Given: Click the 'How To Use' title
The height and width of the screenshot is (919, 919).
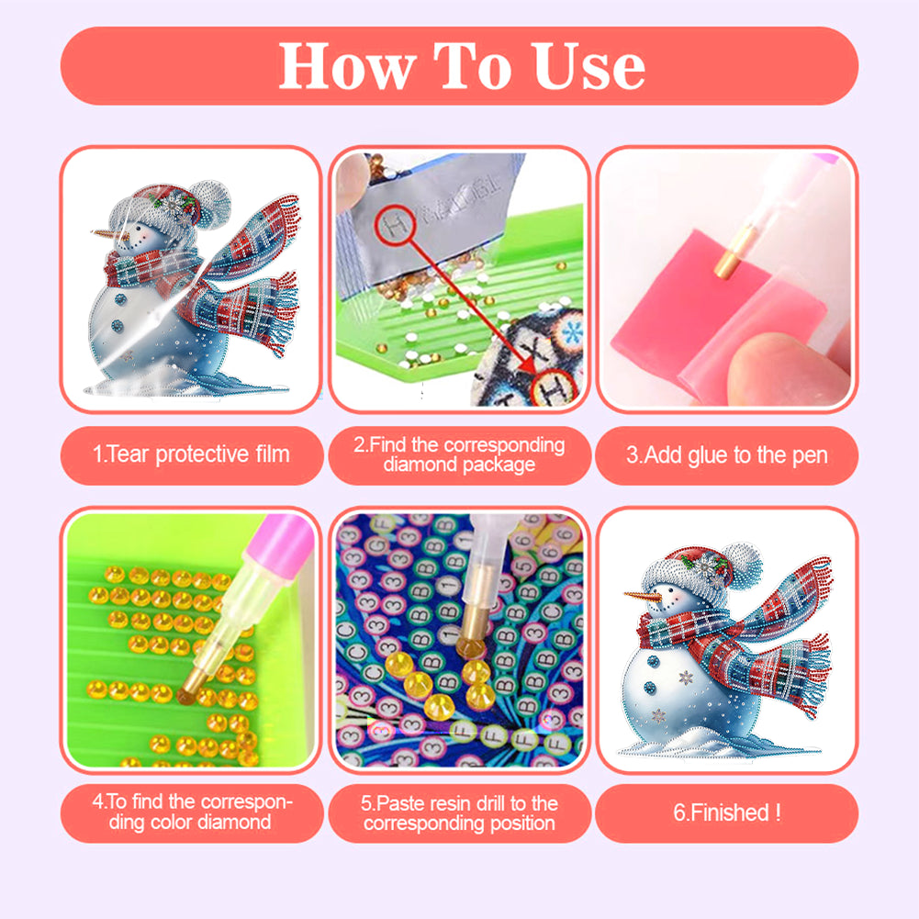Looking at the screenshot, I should point(461,66).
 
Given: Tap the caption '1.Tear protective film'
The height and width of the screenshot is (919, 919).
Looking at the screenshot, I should point(192,454).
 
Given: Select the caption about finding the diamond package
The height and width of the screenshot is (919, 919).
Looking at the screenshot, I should point(459,454).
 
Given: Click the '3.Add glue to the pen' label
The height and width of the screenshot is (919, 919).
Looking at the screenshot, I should point(726,454).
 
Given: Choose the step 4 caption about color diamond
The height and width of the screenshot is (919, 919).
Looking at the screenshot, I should point(192,812).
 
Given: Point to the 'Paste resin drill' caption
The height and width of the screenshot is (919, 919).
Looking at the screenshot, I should point(459,813).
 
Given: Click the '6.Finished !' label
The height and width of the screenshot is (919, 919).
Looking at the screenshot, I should point(726,813).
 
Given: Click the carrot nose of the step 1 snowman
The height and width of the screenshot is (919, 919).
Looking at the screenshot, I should point(106,233).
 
